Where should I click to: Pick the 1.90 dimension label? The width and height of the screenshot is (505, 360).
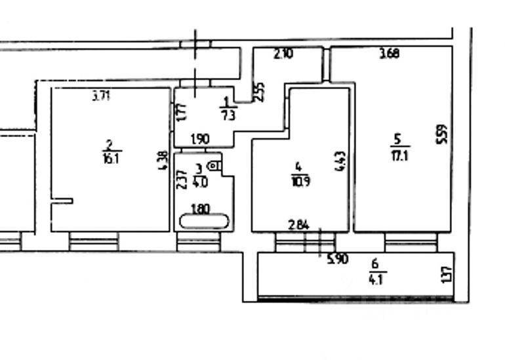199,139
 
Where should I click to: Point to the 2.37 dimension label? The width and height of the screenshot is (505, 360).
183,179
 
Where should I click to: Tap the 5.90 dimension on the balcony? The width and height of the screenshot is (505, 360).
337,258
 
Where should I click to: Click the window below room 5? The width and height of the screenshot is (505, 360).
411,243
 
